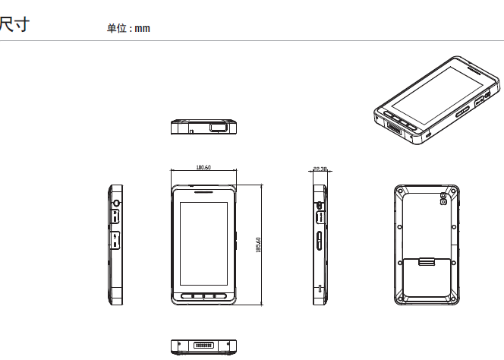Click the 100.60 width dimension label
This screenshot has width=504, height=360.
(203, 167)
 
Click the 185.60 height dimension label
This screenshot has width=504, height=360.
(259, 245)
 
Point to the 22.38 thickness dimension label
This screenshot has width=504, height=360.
(320, 169)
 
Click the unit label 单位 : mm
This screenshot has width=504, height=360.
(128, 28)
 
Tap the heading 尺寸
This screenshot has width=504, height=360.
(14, 25)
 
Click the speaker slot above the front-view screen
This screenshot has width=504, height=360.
(203, 192)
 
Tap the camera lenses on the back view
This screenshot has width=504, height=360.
(443, 201)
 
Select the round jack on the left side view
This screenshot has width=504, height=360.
(115, 204)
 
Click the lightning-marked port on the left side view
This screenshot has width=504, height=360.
(115, 242)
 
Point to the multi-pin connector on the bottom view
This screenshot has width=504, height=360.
(203, 346)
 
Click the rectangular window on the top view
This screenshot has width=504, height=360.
(219, 126)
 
